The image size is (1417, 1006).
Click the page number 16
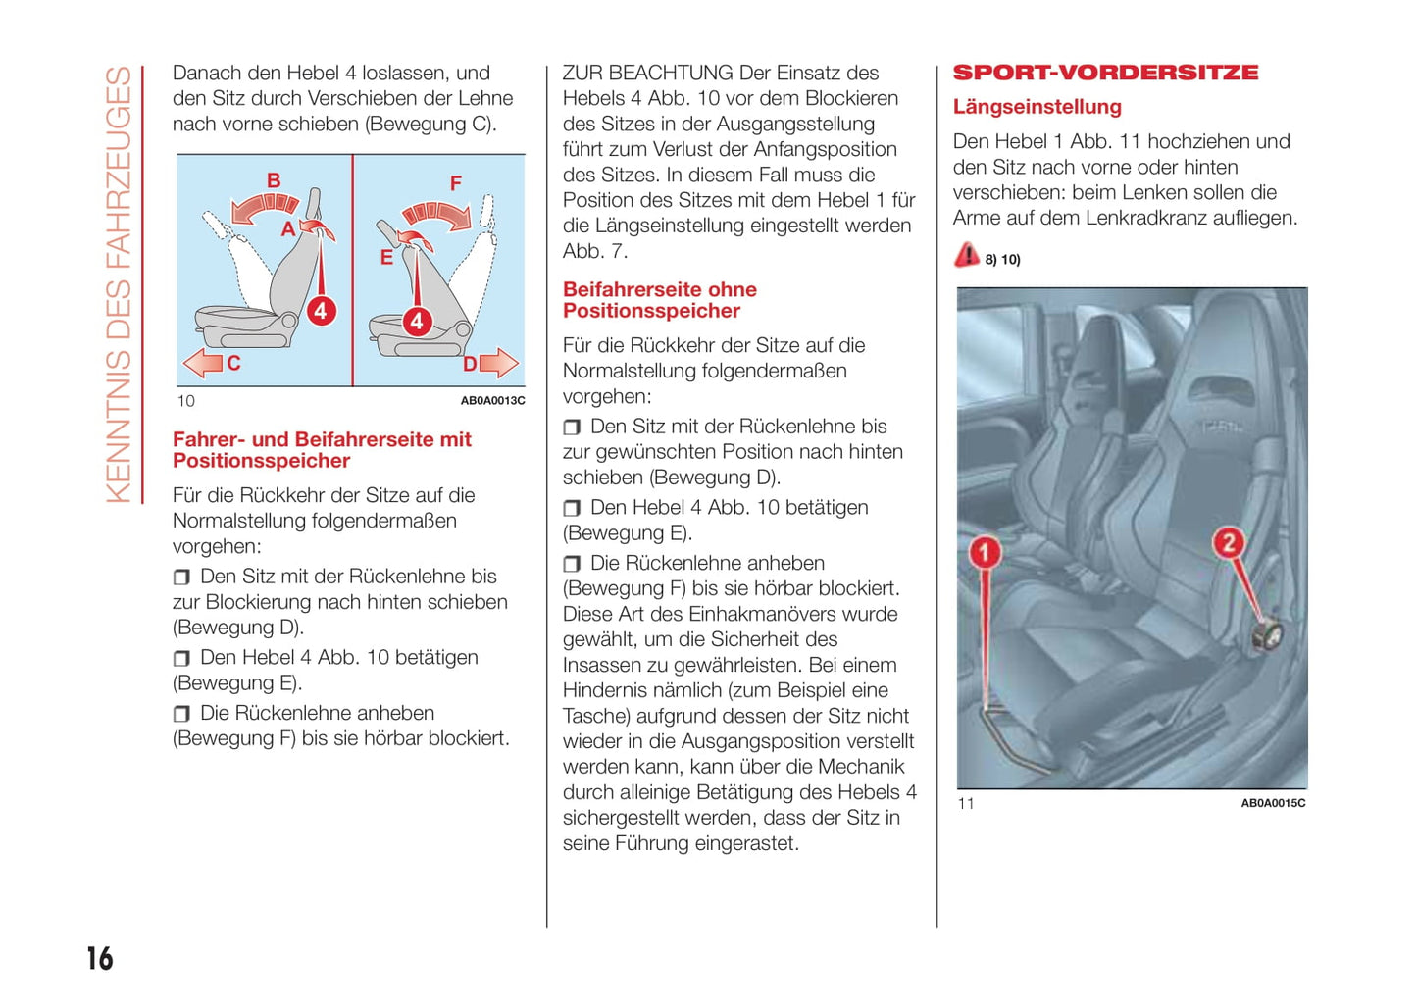pyautogui.click(x=100, y=958)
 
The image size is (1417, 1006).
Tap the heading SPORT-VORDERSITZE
pyautogui.click(x=1105, y=73)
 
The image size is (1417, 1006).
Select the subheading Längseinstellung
pyautogui.click(x=1037, y=107)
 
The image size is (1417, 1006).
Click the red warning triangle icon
pyautogui.click(x=967, y=255)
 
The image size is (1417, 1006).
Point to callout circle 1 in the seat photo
pyautogui.click(x=985, y=552)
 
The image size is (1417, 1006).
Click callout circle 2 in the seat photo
pyautogui.click(x=1228, y=542)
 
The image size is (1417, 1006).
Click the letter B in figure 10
pyautogui.click(x=274, y=180)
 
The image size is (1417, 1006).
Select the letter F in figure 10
pyautogui.click(x=455, y=183)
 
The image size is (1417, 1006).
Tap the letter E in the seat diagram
pyautogui.click(x=386, y=258)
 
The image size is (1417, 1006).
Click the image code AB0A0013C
pyautogui.click(x=492, y=401)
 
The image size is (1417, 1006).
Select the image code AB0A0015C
pyautogui.click(x=1273, y=803)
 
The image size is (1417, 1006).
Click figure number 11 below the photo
pyautogui.click(x=966, y=804)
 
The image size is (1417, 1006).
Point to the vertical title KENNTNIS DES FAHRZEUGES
pyautogui.click(x=119, y=284)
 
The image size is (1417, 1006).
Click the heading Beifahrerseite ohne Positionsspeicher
pyautogui.click(x=659, y=300)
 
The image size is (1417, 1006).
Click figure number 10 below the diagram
pyautogui.click(x=185, y=401)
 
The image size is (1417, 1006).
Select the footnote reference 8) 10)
pyautogui.click(x=1002, y=260)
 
